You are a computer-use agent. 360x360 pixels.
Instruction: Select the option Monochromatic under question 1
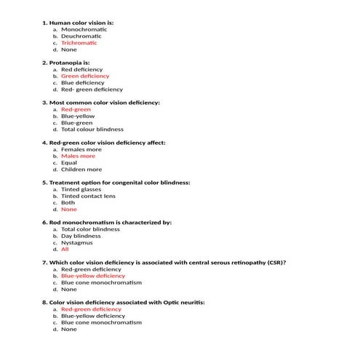click(84, 29)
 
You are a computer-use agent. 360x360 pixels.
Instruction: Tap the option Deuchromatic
click(81, 36)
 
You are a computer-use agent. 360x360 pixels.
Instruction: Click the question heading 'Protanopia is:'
click(71, 63)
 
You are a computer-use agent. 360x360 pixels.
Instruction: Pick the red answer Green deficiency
click(85, 76)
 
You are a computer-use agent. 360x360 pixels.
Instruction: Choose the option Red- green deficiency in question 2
click(92, 89)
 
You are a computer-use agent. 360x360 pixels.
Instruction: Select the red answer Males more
click(78, 156)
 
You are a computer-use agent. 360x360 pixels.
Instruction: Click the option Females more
click(81, 149)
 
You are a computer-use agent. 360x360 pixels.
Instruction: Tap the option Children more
click(81, 169)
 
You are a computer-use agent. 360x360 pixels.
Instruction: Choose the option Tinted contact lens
click(88, 196)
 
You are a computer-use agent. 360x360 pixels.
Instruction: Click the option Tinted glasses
click(81, 189)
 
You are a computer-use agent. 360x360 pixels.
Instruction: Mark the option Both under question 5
click(68, 203)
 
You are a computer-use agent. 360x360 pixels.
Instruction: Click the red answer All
click(65, 249)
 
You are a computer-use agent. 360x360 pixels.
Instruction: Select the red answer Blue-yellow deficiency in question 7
click(93, 276)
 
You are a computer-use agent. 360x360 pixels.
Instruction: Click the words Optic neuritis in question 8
click(181, 302)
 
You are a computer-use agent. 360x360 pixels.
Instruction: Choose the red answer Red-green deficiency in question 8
click(91, 309)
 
